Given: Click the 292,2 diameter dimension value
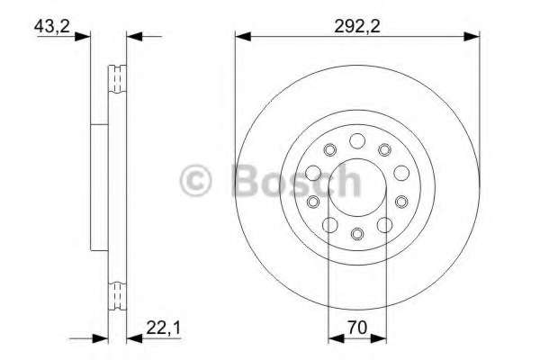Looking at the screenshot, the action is pyautogui.click(x=357, y=26).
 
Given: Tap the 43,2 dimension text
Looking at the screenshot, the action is pyautogui.click(x=51, y=26).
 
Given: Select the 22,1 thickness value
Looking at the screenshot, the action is pyautogui.click(x=163, y=328).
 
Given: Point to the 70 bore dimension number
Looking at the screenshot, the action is pyautogui.click(x=357, y=328).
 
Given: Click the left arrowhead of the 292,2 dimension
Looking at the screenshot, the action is pyautogui.click(x=243, y=36).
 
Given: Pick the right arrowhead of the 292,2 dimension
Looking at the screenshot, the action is pyautogui.click(x=472, y=36).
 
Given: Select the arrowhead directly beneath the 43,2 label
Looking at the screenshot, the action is pyautogui.click(x=83, y=36).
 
